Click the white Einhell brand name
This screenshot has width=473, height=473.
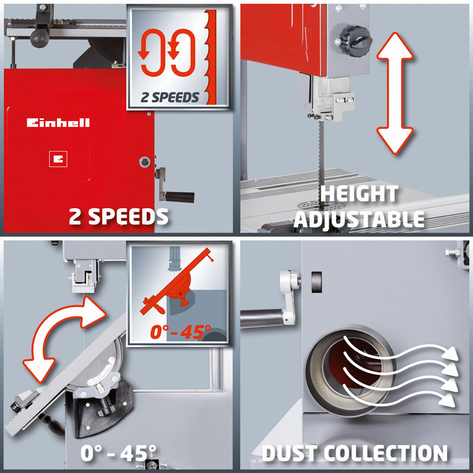click(x=58, y=122)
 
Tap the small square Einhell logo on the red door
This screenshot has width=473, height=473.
click(x=57, y=158)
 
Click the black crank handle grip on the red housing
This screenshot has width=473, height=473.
click(x=181, y=196)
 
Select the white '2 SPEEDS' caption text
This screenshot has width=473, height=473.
click(x=118, y=216)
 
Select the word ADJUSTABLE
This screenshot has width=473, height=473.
click(x=359, y=219)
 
